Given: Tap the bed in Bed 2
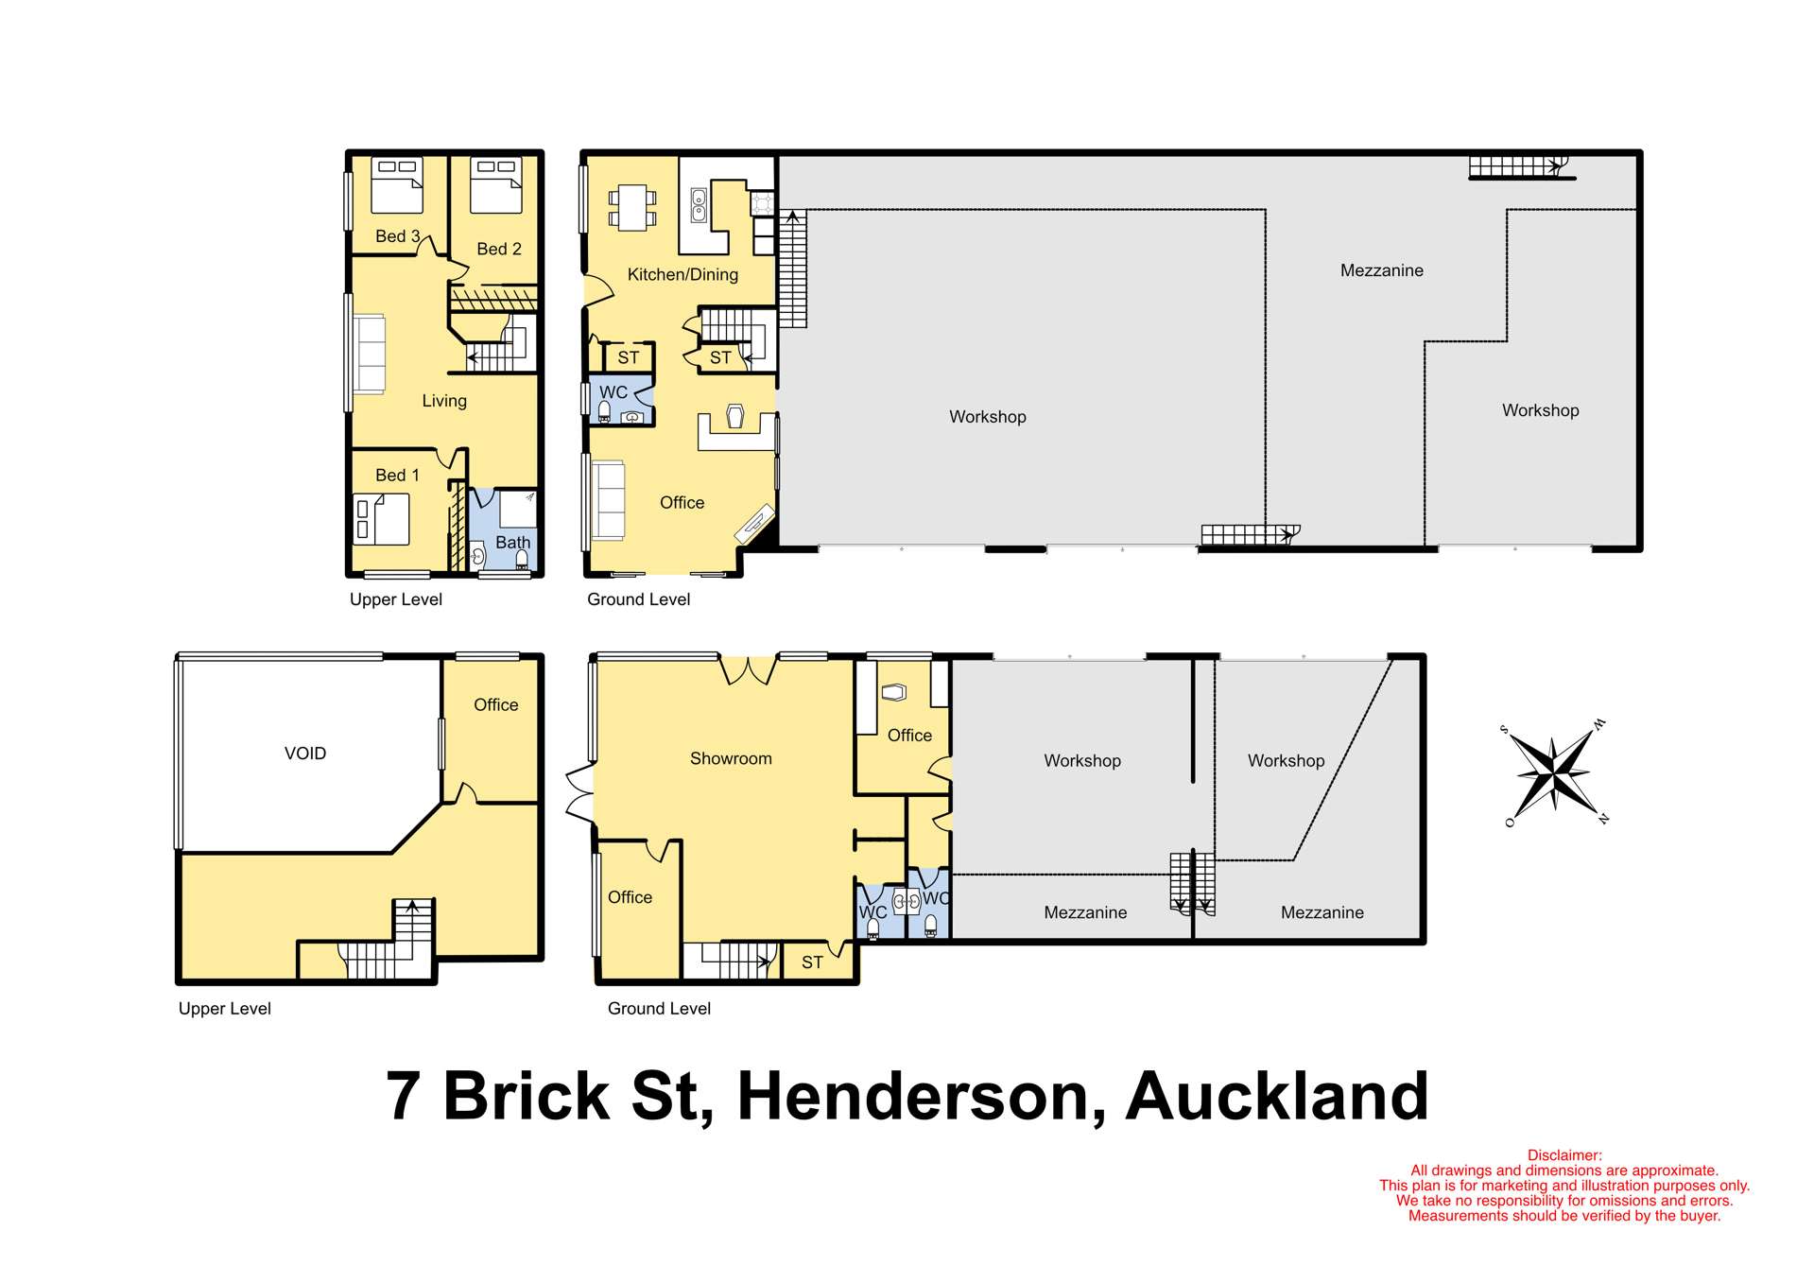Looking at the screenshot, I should click(x=496, y=185).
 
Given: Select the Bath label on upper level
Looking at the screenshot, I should click(x=512, y=543).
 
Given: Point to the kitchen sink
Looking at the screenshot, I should click(x=699, y=205).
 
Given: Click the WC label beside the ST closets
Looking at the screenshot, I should click(x=613, y=392).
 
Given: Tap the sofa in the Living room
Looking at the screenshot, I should click(x=370, y=354).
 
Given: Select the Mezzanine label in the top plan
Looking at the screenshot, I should click(x=1381, y=270).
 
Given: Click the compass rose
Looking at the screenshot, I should click(x=1553, y=772).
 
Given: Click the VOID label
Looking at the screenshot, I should click(x=305, y=754).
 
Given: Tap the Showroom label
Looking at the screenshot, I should click(x=731, y=758).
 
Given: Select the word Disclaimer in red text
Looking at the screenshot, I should click(x=1564, y=1155).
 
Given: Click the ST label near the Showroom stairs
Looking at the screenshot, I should click(x=812, y=962).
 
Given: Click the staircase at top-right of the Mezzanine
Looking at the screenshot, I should click(x=1516, y=167).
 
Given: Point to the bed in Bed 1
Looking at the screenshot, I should click(x=382, y=520).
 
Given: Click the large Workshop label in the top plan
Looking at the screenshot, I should click(x=987, y=417).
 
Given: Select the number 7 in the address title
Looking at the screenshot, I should click(x=403, y=1097).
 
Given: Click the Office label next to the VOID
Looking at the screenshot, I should click(x=495, y=705).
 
